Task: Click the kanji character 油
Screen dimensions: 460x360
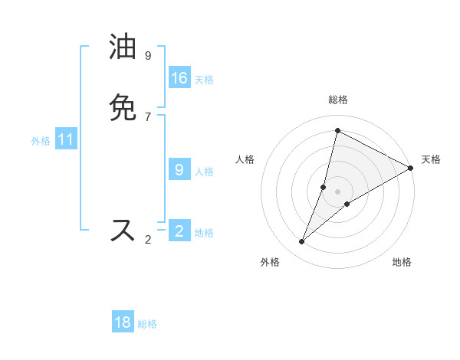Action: tap(123, 47)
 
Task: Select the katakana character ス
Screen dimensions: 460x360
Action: tap(123, 231)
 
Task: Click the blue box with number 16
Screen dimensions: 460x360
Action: tap(179, 78)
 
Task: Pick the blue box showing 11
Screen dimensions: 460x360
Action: tap(66, 139)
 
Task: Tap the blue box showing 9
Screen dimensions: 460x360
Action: tap(179, 170)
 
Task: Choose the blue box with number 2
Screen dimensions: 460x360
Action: tap(179, 231)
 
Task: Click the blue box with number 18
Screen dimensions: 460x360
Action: tap(123, 322)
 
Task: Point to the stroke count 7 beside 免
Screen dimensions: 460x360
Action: tap(148, 116)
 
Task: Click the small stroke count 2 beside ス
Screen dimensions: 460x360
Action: tap(148, 240)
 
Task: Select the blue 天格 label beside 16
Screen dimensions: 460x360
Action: tap(204, 79)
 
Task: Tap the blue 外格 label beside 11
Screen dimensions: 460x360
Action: tap(41, 141)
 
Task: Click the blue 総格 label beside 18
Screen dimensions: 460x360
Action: tap(147, 324)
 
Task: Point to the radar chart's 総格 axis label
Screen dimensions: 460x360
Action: tap(338, 100)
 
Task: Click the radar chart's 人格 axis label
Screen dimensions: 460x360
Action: tap(245, 159)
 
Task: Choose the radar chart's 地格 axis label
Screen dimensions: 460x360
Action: tap(402, 262)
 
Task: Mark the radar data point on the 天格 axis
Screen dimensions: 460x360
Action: tap(411, 168)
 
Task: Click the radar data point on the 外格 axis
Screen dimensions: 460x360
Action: tap(302, 242)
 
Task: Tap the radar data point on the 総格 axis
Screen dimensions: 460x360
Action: tap(337, 130)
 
